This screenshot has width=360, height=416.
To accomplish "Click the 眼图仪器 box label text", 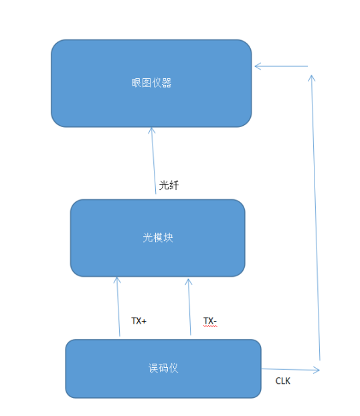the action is tap(152, 83).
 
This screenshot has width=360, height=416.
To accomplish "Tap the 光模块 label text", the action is tap(158, 237).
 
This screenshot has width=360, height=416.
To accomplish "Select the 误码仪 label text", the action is tap(163, 368).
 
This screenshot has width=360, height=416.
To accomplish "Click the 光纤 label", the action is tap(169, 185).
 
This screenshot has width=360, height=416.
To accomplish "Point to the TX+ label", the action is tap(139, 321).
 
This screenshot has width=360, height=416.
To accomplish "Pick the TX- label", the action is tap(210, 321).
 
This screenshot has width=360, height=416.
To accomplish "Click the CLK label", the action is tap(283, 381).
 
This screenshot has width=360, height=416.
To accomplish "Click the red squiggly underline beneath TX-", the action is tap(210, 326).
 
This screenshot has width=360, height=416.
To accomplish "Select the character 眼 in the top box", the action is tap(137, 83).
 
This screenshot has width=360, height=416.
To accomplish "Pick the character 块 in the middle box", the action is tap(168, 237).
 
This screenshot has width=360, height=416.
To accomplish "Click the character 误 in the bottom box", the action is tap(153, 368).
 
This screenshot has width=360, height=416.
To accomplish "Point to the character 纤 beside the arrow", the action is tap(174, 185).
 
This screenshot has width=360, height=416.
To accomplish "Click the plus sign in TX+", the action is tap(144, 321).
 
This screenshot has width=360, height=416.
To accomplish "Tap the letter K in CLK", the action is tap(288, 381).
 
